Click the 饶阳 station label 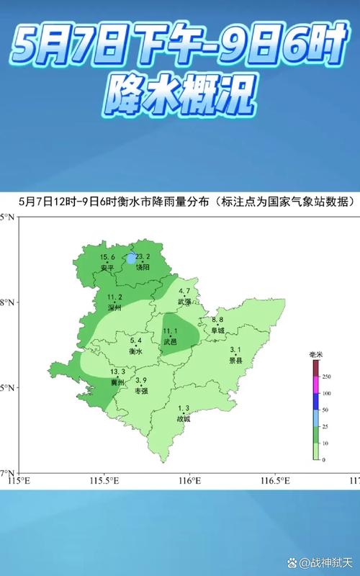click(143, 266)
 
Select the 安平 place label click(107, 267)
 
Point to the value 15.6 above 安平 click(107, 258)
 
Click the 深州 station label click(114, 307)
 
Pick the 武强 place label click(184, 301)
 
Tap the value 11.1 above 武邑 click(170, 330)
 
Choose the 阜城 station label click(217, 330)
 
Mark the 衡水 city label click(135, 351)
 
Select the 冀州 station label click(117, 382)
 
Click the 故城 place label click(184, 418)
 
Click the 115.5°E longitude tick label click(104, 480)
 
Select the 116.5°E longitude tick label click(274, 480)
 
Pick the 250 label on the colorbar click(326, 377)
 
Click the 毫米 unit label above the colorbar click(315, 355)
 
